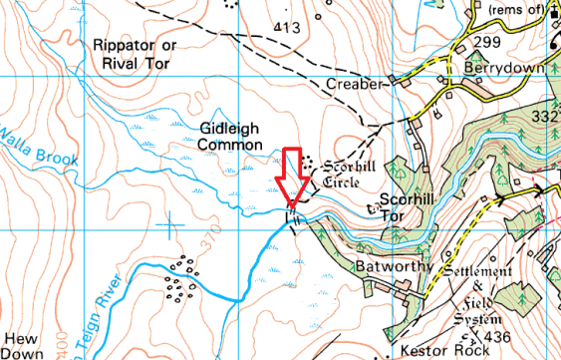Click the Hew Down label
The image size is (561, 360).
(23, 345)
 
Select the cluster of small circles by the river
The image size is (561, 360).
(180, 278)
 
